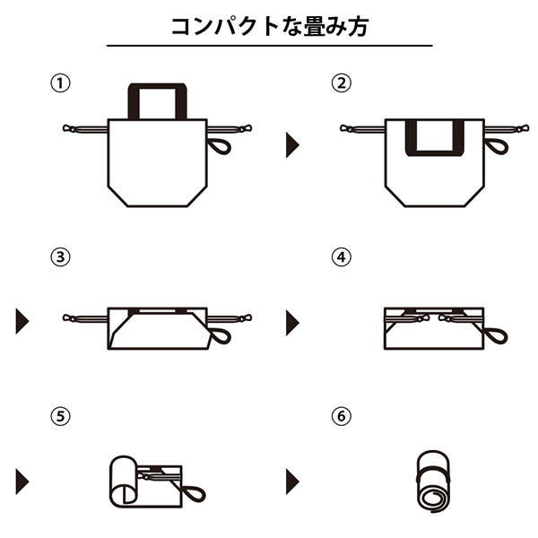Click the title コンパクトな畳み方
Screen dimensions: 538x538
pos(269,24)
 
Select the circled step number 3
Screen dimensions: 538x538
pos(60,258)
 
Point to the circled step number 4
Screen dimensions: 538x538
pos(339,258)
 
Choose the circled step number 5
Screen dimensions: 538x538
pos(60,417)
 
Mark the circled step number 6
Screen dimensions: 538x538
pos(339,417)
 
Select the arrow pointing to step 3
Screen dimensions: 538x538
pos(22,320)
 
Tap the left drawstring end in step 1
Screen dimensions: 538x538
pos(68,128)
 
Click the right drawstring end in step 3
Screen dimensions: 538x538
pos(245,316)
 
